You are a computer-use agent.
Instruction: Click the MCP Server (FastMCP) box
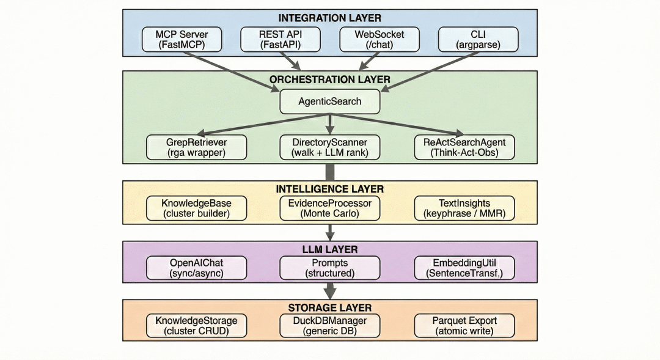(x=182, y=39)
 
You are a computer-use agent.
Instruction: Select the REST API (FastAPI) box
(x=280, y=39)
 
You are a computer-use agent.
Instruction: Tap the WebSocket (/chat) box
(x=380, y=39)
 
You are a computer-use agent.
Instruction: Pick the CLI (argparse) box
(x=479, y=39)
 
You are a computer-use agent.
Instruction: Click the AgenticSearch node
(x=330, y=101)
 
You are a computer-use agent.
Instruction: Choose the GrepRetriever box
(x=197, y=147)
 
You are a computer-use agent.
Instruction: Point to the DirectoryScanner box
(x=330, y=147)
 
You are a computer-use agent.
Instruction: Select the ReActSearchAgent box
(x=464, y=147)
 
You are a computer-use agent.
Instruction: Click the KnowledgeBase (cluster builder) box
(x=197, y=208)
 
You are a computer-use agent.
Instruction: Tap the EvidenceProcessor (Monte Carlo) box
(x=330, y=208)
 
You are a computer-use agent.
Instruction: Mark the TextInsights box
(x=464, y=208)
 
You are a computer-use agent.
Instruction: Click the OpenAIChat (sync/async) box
(x=197, y=268)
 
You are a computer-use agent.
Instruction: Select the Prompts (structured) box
(x=330, y=268)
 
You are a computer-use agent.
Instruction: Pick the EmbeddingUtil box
(x=464, y=268)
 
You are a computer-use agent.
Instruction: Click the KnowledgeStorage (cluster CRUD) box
(x=197, y=326)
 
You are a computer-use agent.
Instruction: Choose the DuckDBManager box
(x=330, y=326)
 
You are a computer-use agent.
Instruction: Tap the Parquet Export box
(x=464, y=326)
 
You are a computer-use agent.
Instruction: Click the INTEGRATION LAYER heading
(x=330, y=18)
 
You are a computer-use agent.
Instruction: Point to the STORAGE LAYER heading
(x=330, y=307)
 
